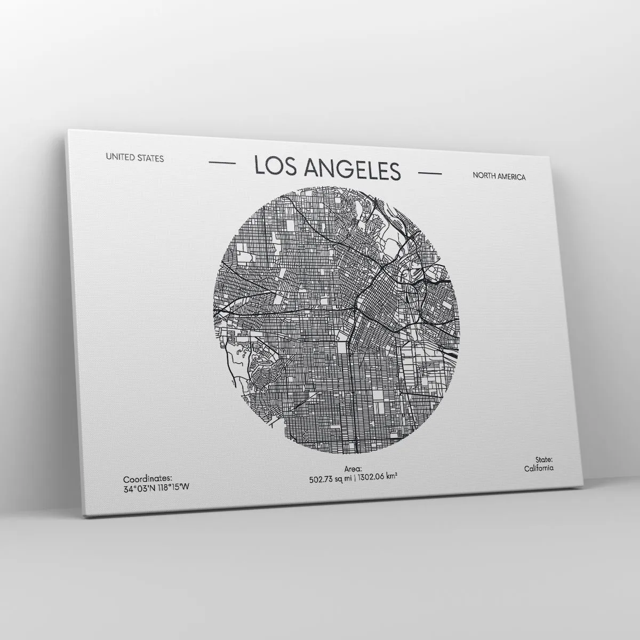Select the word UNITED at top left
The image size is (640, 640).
pos(119,157)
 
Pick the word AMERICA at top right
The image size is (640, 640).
pos(511,177)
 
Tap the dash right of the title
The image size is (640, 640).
pos(430,173)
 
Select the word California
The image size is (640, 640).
pos(539,468)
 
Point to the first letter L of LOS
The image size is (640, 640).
pos(259,165)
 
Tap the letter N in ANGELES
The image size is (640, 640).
pos(324,169)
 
